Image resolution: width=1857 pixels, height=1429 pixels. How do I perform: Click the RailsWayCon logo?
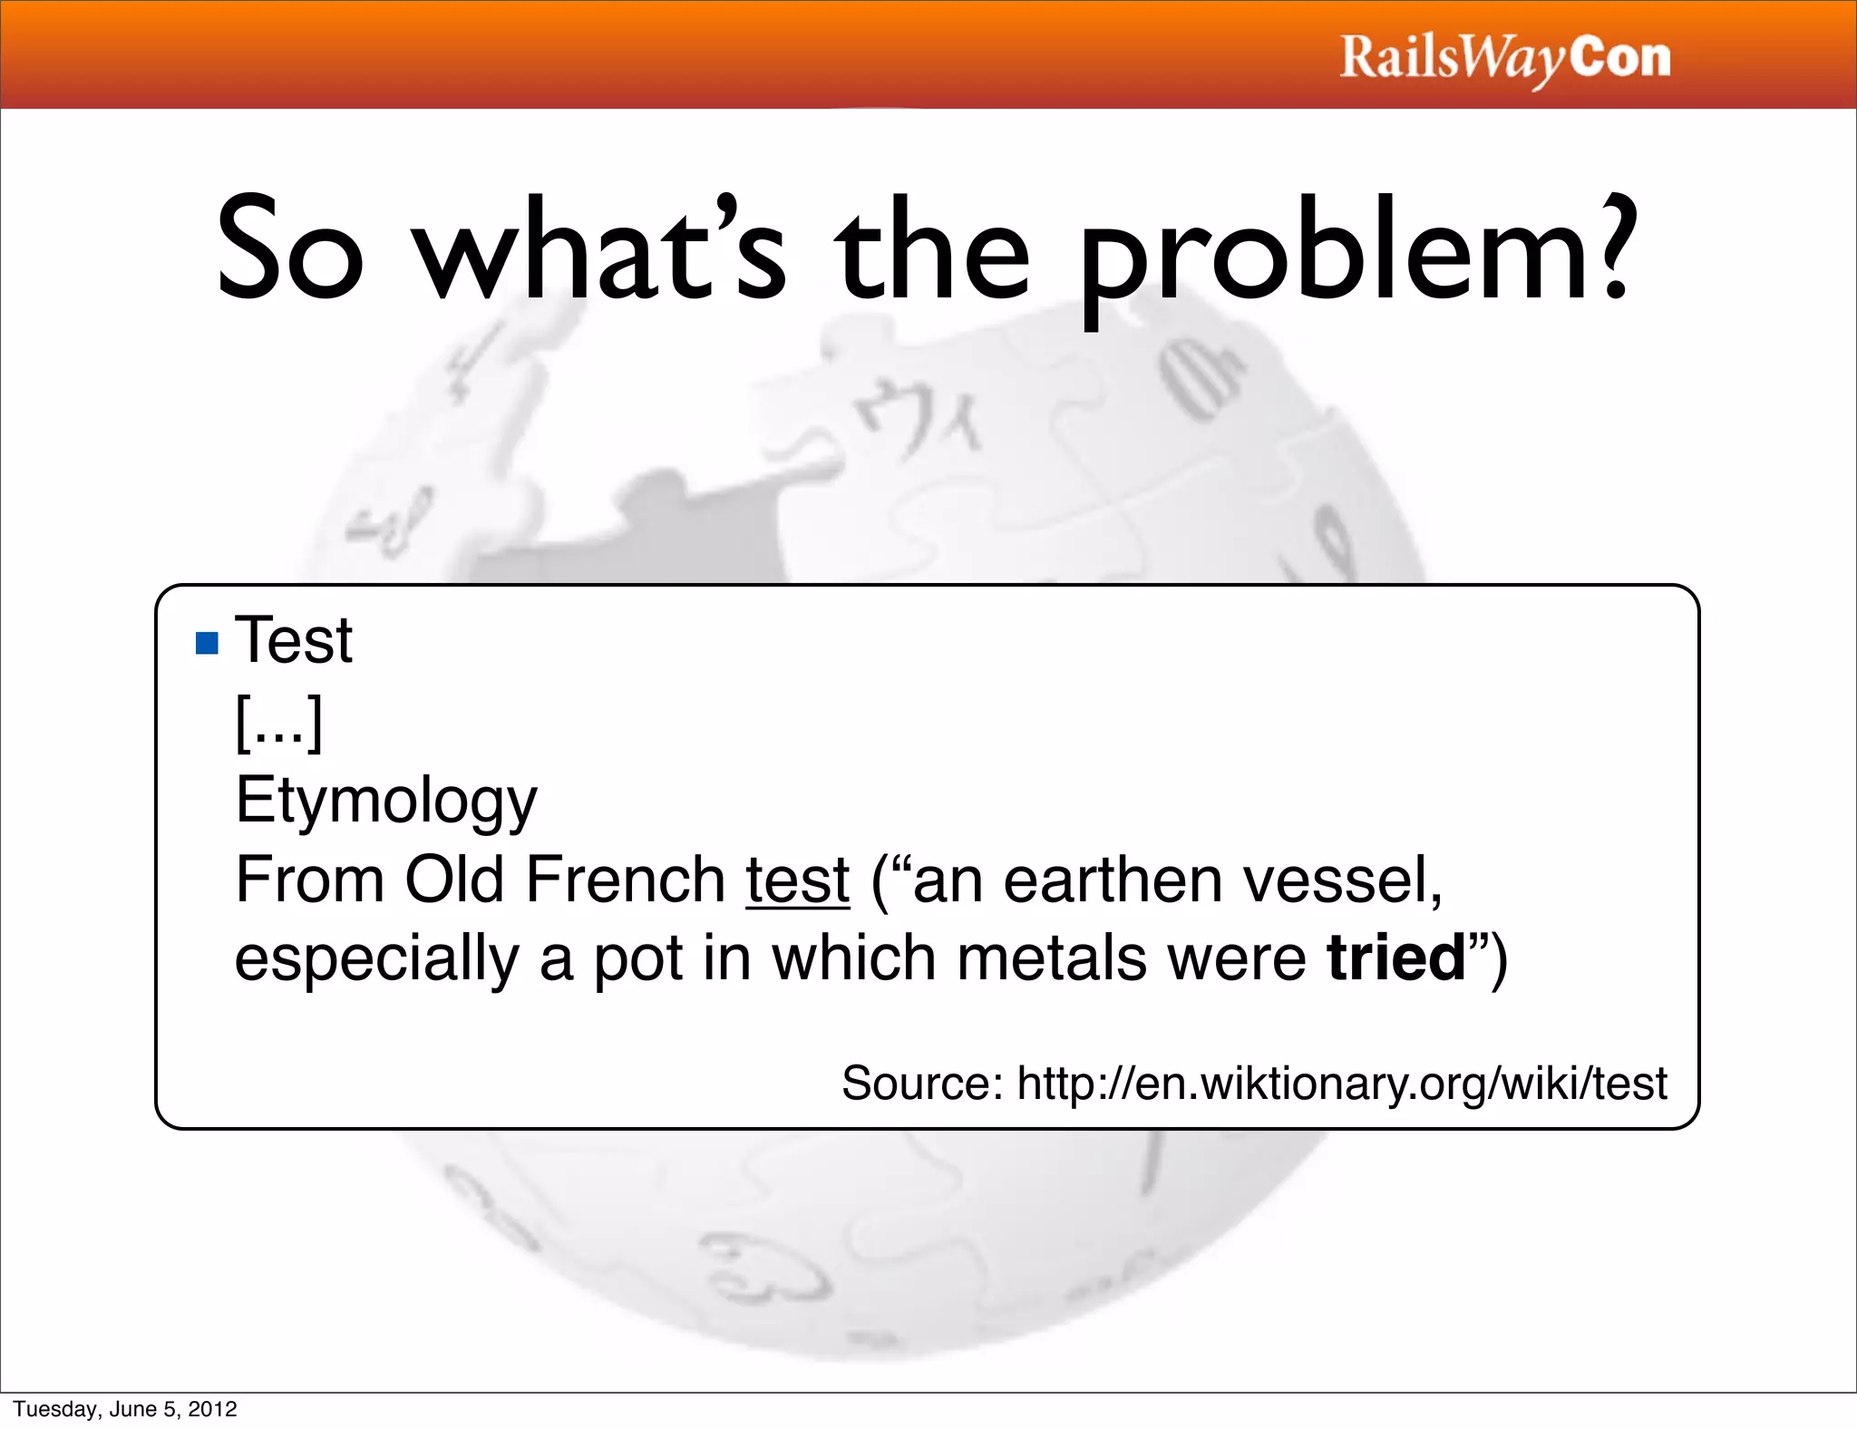[x=1504, y=58]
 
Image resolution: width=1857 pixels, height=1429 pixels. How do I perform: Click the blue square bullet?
[x=208, y=643]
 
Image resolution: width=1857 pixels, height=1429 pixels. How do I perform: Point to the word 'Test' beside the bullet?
[x=294, y=640]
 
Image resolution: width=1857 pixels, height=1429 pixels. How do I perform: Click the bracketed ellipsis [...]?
[x=278, y=722]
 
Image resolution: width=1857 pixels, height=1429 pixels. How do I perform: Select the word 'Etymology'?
[x=386, y=801]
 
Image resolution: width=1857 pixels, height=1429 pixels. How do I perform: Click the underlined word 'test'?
[x=798, y=880]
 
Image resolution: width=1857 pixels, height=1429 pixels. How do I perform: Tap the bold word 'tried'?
[x=1396, y=958]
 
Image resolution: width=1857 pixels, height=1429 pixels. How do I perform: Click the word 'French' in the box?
[x=625, y=880]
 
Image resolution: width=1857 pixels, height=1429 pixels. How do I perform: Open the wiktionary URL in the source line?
[x=1342, y=1083]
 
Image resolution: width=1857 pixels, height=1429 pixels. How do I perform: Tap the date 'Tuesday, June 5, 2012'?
[x=125, y=1409]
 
